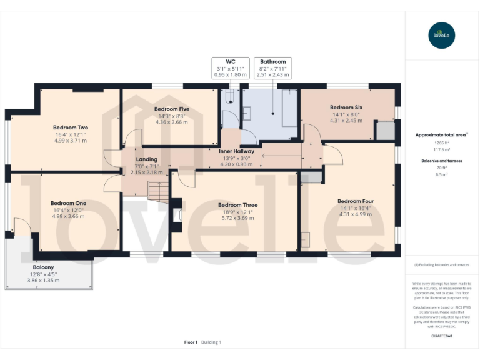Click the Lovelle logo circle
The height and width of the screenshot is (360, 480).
click(x=442, y=36)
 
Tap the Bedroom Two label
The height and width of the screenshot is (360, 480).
click(x=70, y=127)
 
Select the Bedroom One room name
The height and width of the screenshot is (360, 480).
click(x=68, y=203)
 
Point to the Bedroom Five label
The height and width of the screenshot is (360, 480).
click(x=171, y=109)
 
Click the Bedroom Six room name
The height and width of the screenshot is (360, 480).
click(x=346, y=107)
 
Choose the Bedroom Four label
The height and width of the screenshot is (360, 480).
click(x=355, y=201)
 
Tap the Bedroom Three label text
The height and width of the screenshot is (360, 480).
click(x=237, y=205)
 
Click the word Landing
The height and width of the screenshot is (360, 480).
click(x=147, y=159)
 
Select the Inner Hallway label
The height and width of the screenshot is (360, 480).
click(x=236, y=151)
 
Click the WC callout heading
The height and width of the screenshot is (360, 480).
click(x=231, y=62)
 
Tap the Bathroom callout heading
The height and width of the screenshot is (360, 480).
click(x=273, y=62)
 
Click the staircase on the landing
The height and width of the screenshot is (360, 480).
click(x=158, y=192)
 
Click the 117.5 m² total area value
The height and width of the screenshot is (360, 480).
click(x=442, y=150)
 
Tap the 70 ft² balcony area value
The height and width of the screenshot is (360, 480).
click(x=442, y=167)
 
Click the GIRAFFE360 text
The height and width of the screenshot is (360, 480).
click(x=442, y=337)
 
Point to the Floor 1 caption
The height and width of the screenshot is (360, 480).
click(x=191, y=342)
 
